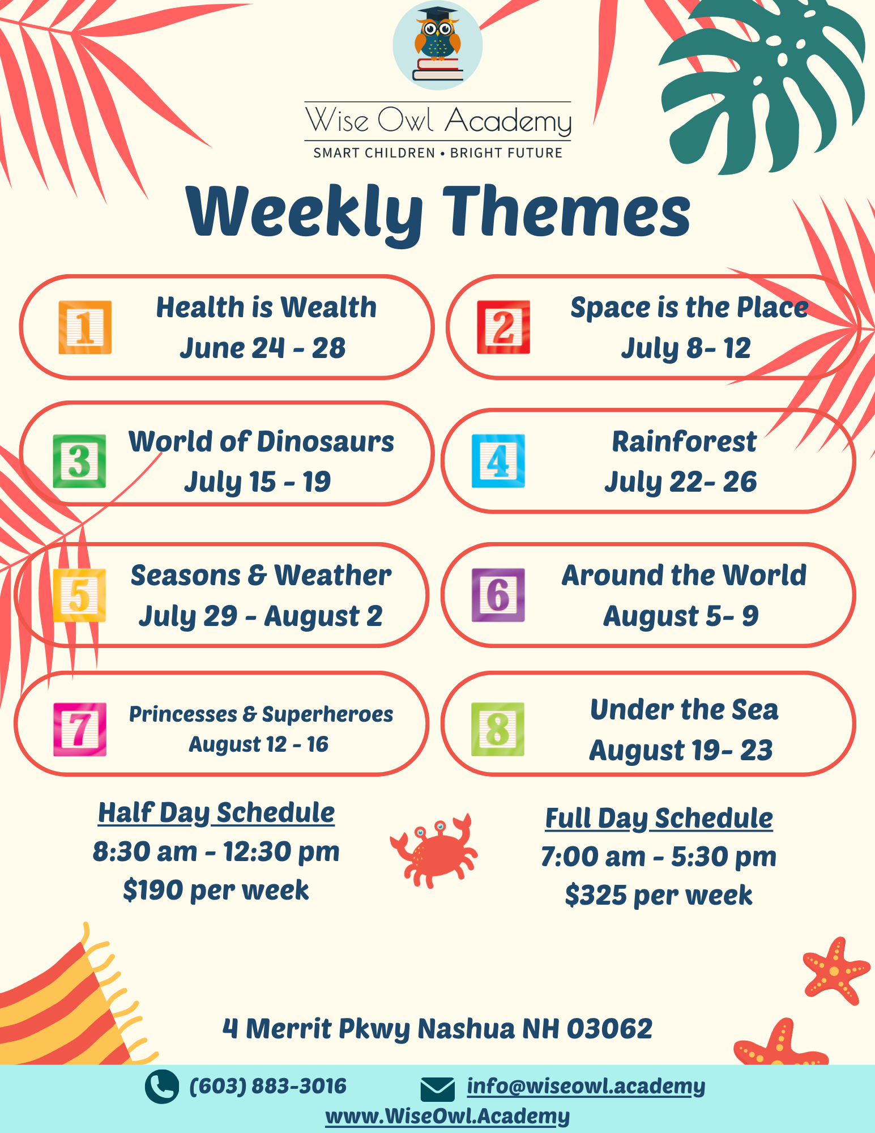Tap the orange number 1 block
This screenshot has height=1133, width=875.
(x=85, y=327)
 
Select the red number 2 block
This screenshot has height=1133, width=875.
(x=503, y=327)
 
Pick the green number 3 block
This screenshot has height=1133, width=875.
(x=79, y=461)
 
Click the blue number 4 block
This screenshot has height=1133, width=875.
(x=498, y=461)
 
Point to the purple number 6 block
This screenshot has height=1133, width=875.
(x=498, y=595)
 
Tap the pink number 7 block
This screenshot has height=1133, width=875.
(x=79, y=729)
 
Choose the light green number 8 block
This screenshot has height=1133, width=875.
(x=498, y=729)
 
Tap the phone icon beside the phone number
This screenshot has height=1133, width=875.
(x=162, y=1086)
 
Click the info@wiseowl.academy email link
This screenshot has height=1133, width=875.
(x=586, y=1086)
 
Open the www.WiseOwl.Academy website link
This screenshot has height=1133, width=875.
(x=447, y=1115)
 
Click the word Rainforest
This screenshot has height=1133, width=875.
(x=684, y=442)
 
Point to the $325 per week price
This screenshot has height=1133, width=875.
(x=658, y=896)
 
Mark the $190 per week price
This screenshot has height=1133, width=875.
(x=216, y=890)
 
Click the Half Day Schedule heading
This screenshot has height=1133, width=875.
(x=216, y=813)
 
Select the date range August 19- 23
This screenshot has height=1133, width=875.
(x=681, y=751)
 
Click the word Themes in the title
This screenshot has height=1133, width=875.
(x=566, y=212)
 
